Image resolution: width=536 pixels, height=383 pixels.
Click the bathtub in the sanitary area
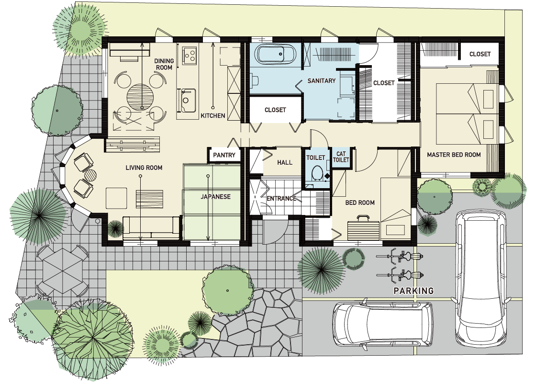point(275,54)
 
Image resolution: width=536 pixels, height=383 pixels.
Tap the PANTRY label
point(224,155)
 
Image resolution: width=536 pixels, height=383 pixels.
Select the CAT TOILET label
point(341,157)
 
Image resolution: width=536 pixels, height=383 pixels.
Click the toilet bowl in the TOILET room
point(318,173)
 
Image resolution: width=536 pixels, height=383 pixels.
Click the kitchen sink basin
point(186,100)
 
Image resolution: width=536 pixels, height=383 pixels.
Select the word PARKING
point(413,291)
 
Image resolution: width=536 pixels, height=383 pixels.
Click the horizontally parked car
point(383,324)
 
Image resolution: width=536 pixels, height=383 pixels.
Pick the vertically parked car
point(480,278)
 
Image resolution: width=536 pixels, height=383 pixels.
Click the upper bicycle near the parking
point(400,256)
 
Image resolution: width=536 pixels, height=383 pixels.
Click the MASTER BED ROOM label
point(454,155)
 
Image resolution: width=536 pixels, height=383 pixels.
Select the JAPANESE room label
point(216,197)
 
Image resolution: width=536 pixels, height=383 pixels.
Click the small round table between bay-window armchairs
point(90,175)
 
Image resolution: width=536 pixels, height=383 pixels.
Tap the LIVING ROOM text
point(144,168)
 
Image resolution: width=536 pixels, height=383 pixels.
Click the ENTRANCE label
point(281,198)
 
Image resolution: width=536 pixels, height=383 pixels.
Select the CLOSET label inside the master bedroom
point(480,54)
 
